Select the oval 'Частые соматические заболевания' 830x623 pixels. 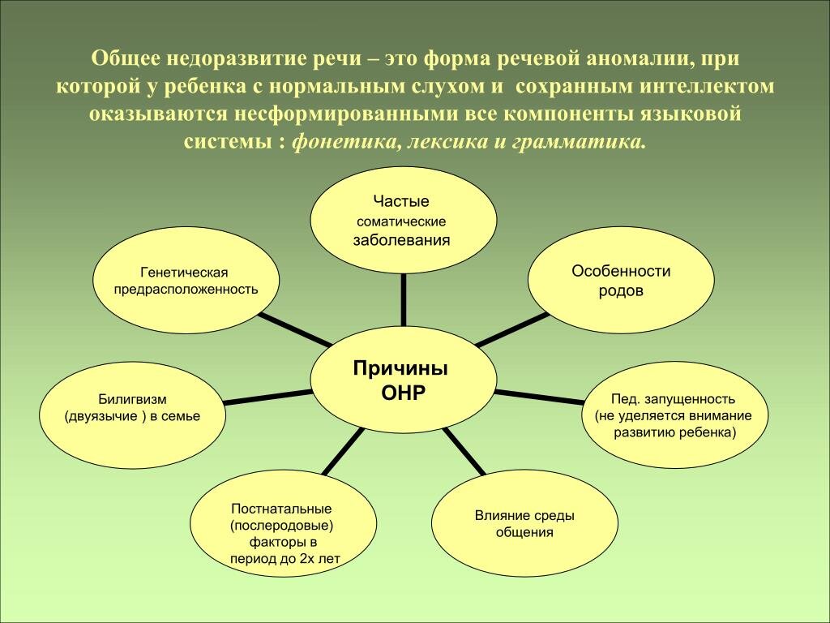403,220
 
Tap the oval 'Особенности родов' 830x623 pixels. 621,281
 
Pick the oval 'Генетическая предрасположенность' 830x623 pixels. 187,280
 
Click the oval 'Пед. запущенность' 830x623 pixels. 674,415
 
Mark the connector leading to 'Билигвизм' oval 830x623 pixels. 267,396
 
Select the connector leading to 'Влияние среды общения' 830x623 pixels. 464,452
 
